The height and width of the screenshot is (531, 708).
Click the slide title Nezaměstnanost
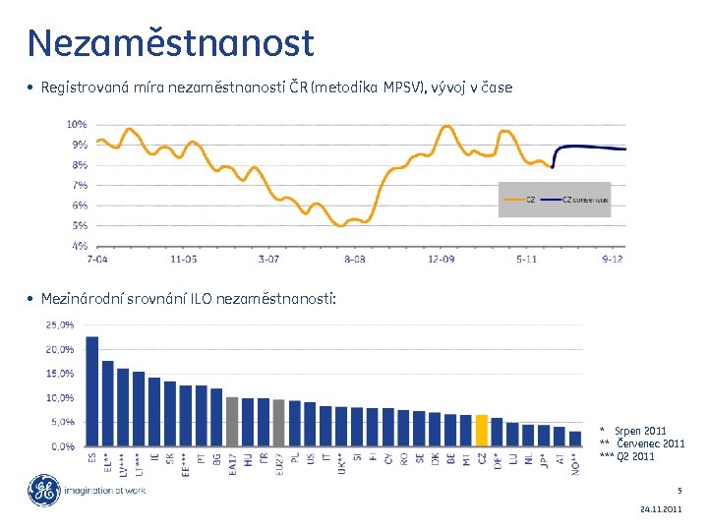[x=171, y=43]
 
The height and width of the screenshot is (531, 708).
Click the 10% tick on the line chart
[x=76, y=124]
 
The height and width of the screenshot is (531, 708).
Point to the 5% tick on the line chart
[x=78, y=225]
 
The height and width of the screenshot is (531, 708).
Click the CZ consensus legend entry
[x=585, y=200]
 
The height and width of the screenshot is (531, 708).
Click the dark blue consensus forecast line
[x=590, y=147]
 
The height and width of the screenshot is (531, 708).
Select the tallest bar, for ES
[x=92, y=391]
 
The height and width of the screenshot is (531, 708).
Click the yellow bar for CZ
[x=482, y=431]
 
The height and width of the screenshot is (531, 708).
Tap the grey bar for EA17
[x=232, y=422]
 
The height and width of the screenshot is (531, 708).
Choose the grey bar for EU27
[x=278, y=423]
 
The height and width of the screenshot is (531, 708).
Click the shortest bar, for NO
[x=574, y=439]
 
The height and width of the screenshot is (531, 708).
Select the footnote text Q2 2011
[x=640, y=456]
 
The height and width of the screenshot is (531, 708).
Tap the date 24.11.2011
[x=660, y=510]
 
